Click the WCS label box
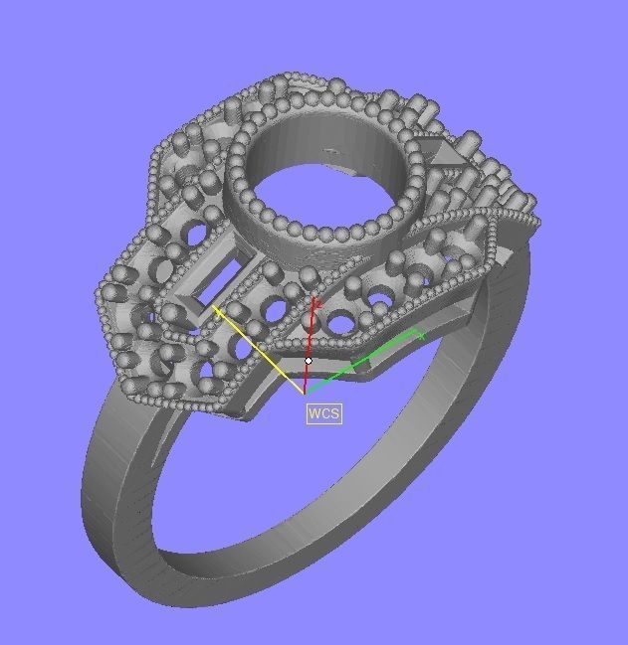point(323,412)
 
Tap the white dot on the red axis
point(309,361)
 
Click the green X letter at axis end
point(421,336)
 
